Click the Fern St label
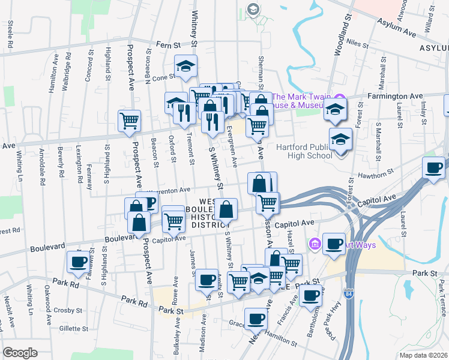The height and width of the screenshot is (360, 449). click(169, 44)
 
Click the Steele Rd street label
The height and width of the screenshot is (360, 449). click(10, 34)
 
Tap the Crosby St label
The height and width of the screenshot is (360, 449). click(67, 310)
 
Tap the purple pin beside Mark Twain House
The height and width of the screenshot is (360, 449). click(340, 98)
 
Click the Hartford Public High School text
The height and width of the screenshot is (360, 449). click(304, 151)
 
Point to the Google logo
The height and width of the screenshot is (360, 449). click(20, 353)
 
